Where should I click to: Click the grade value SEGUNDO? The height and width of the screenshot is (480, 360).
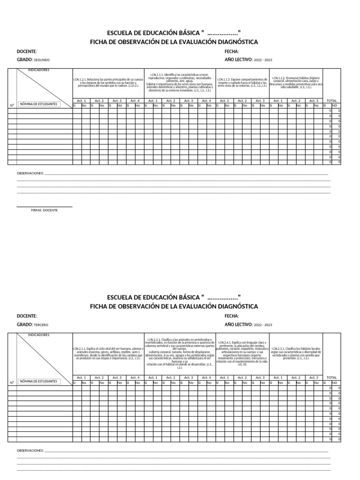point(42,60)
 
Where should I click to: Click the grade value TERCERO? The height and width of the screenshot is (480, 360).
point(41,325)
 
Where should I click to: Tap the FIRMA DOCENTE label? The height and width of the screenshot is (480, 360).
point(45,210)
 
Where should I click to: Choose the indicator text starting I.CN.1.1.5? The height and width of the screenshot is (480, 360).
point(242,82)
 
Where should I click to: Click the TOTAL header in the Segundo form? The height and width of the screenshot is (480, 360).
point(331,101)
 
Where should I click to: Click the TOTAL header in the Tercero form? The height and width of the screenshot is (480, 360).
point(331,377)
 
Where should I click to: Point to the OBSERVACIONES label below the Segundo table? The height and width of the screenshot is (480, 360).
point(30,173)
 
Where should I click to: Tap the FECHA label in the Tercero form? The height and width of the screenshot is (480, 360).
point(232,316)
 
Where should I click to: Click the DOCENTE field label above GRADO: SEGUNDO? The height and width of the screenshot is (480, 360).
point(27,52)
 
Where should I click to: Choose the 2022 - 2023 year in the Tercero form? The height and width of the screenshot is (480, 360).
point(262,325)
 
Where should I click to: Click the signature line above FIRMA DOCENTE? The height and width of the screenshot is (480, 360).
point(45,206)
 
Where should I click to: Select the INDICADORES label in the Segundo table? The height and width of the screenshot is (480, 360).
point(39,70)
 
